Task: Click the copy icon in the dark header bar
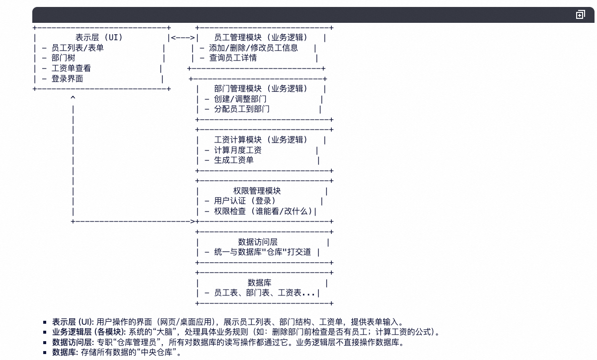coord(580,15)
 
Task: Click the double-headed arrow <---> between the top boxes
coord(183,37)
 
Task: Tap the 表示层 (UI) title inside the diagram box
coord(99,37)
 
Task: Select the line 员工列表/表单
coord(77,48)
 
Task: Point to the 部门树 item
coord(63,58)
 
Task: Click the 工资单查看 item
coord(71,68)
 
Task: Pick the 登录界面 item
coord(67,78)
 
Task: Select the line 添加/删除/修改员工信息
coord(253,48)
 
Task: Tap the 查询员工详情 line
coord(233,58)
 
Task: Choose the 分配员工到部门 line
coord(241,109)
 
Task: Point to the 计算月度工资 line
coord(237,150)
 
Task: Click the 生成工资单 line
coord(233,160)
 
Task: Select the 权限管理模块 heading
coord(257,191)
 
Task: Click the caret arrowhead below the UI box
coord(73,98)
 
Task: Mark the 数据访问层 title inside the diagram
coord(257,242)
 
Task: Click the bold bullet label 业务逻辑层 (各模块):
coord(89,332)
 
